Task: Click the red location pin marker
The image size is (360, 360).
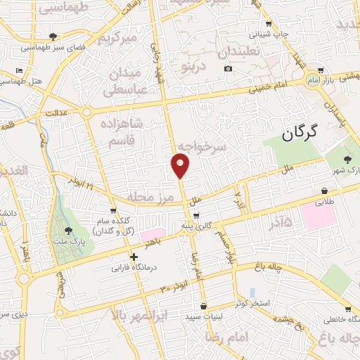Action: (x=181, y=165)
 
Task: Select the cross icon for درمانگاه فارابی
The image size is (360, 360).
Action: (x=134, y=257)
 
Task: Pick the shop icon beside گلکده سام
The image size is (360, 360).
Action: (x=112, y=210)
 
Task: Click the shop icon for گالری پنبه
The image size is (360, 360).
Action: (x=196, y=216)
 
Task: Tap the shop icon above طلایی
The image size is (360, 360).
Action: (x=324, y=191)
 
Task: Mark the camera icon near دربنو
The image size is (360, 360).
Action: (x=228, y=68)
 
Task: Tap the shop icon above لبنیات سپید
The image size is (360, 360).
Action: (x=203, y=307)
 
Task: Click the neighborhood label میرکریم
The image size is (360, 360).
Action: (x=117, y=37)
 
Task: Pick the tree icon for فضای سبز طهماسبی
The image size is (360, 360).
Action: (x=53, y=37)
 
